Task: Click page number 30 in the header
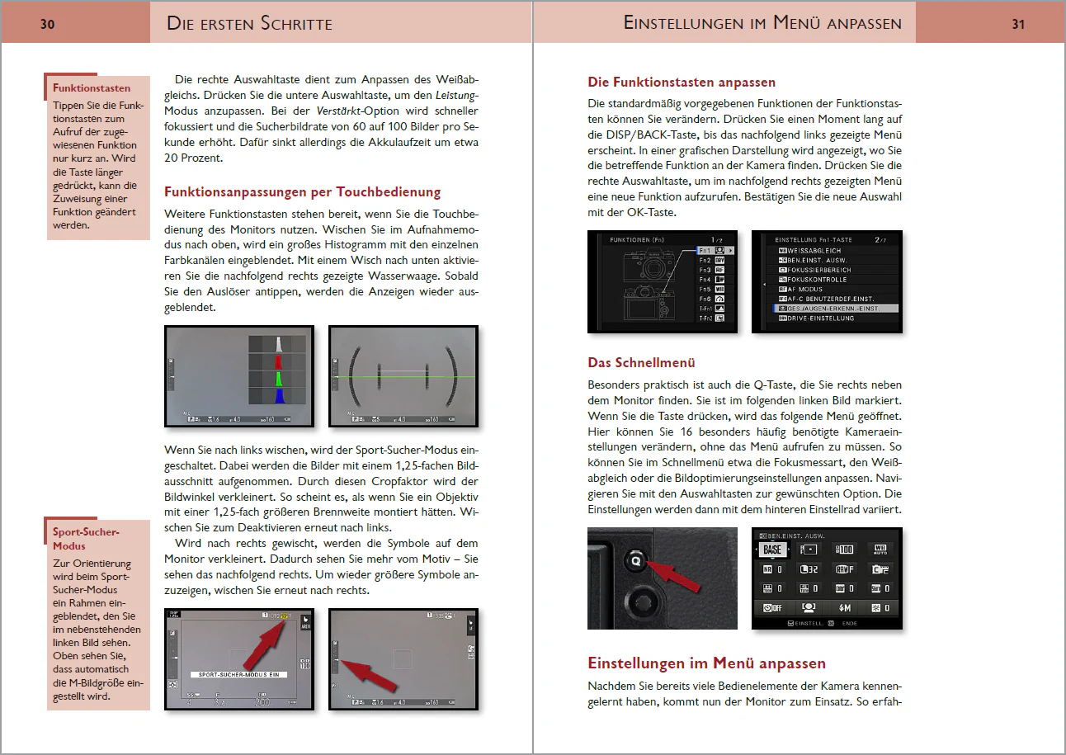tap(48, 24)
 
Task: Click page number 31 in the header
tap(1018, 24)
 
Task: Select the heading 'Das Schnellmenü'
tap(641, 362)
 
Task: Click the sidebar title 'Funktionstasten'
tap(92, 88)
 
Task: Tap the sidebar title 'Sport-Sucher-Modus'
tap(87, 539)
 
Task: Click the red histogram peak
tap(279, 361)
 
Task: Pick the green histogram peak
tap(279, 379)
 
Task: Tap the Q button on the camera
tap(636, 559)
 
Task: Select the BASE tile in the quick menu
tap(772, 550)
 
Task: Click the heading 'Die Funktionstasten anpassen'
tap(682, 83)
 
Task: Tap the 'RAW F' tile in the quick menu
tap(845, 569)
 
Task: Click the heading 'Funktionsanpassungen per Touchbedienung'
tap(303, 192)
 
